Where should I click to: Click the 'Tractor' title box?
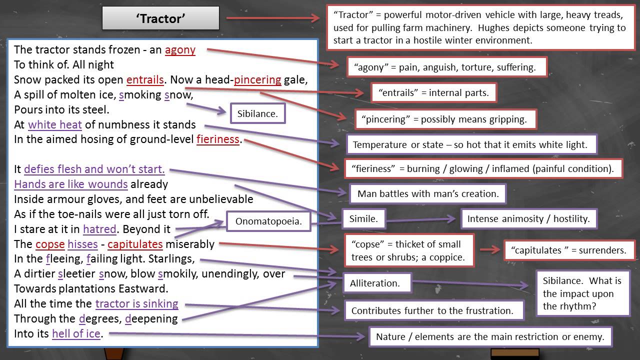pos(160,18)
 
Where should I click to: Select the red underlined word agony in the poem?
pos(180,50)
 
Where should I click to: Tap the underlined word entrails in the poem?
pos(145,80)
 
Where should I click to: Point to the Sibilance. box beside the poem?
pos(257,113)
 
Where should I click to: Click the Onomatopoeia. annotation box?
pos(268,221)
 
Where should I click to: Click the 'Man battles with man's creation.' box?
pos(428,193)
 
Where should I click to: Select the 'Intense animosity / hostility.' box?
pos(528,218)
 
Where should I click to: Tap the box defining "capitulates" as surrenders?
pos(568,250)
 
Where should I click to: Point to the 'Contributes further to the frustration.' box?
pos(433,310)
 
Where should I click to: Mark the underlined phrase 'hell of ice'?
pos(76,333)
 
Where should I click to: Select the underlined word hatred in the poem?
pos(99,229)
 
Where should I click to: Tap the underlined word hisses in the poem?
pos(82,244)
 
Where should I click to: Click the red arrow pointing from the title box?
pos(272,18)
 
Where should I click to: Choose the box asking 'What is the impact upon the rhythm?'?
pos(582,293)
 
